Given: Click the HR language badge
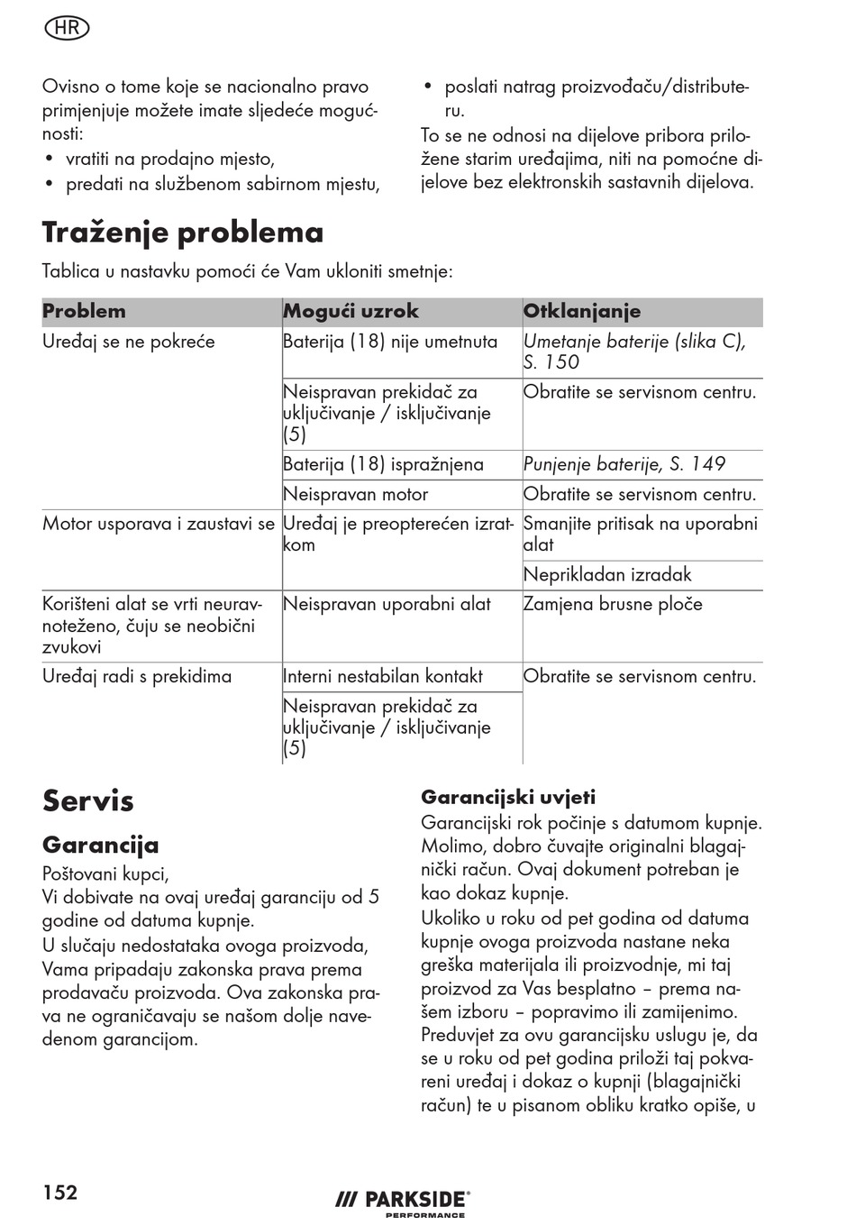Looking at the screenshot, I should click(x=67, y=28).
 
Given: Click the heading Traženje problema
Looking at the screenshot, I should click(x=183, y=233).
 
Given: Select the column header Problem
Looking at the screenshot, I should click(x=84, y=312).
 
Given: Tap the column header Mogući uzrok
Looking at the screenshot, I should click(x=351, y=312).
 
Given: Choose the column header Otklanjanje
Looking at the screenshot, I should click(x=582, y=312).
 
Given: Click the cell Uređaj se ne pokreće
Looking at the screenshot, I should click(x=129, y=342).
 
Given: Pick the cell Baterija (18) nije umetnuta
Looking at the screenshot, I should click(x=390, y=342).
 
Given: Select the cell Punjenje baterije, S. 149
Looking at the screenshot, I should click(x=624, y=464).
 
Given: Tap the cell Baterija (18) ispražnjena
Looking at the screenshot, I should click(x=383, y=464).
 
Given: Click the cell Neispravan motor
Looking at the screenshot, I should click(x=355, y=494).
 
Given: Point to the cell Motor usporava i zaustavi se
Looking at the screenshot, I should click(x=159, y=524).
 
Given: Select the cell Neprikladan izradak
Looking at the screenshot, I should click(x=607, y=575).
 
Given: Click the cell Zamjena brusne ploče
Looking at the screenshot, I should click(x=613, y=604).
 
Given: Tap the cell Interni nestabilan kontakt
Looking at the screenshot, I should click(x=383, y=677).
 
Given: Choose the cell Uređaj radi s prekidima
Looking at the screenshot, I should click(x=137, y=677).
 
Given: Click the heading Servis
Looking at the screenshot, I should click(x=88, y=800).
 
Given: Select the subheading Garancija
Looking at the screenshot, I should click(x=101, y=845).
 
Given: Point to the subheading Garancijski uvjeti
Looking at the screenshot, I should click(x=508, y=797).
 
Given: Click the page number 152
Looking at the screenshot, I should click(x=60, y=1193).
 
